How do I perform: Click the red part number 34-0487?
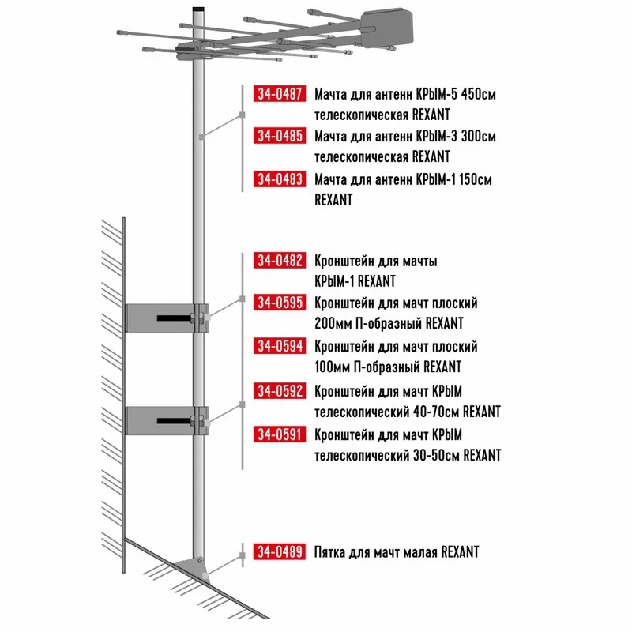coord(280,93)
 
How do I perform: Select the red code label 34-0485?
coord(280,135)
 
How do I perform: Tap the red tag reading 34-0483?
coord(280,179)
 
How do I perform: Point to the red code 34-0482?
coord(280,261)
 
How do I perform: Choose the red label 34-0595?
coord(280,303)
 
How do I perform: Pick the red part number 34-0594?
coord(280,346)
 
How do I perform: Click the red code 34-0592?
coord(280,390)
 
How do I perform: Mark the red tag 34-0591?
coord(280,434)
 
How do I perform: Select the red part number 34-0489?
coord(280,551)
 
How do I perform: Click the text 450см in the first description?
coord(479,94)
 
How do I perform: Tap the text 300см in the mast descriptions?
coord(479,136)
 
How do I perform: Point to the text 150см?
coord(476,179)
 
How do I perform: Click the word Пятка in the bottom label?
coord(329,551)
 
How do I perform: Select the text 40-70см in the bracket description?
coord(437,412)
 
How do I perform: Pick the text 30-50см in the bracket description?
coord(437,455)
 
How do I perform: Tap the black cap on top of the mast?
coord(198,9)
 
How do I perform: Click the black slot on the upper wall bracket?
coord(174,318)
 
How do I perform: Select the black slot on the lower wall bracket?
coord(174,421)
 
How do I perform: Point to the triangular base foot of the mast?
coord(193,566)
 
